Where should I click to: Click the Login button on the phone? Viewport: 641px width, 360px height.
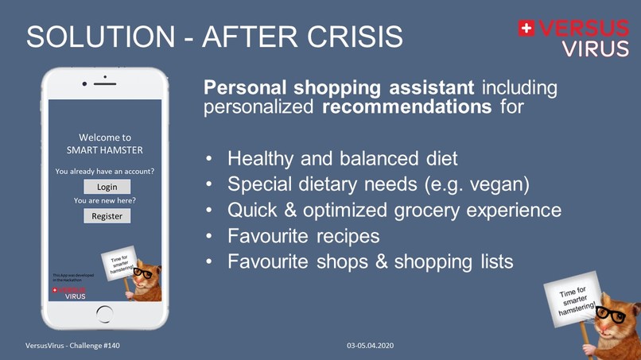pos(107,187)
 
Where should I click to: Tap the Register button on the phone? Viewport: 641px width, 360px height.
pos(107,216)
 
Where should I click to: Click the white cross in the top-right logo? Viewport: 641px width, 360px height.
pos(526,29)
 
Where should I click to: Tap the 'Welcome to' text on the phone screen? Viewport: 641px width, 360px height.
pos(105,137)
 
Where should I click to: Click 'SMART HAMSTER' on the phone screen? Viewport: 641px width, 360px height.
pos(105,150)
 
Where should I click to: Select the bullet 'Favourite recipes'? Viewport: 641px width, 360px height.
pos(303,236)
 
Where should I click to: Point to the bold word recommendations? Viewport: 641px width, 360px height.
pos(406,106)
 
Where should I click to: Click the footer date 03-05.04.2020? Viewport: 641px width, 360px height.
pos(370,346)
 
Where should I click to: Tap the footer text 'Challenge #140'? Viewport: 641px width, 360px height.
pos(93,346)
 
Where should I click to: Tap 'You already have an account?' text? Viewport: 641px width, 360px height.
pos(105,171)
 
